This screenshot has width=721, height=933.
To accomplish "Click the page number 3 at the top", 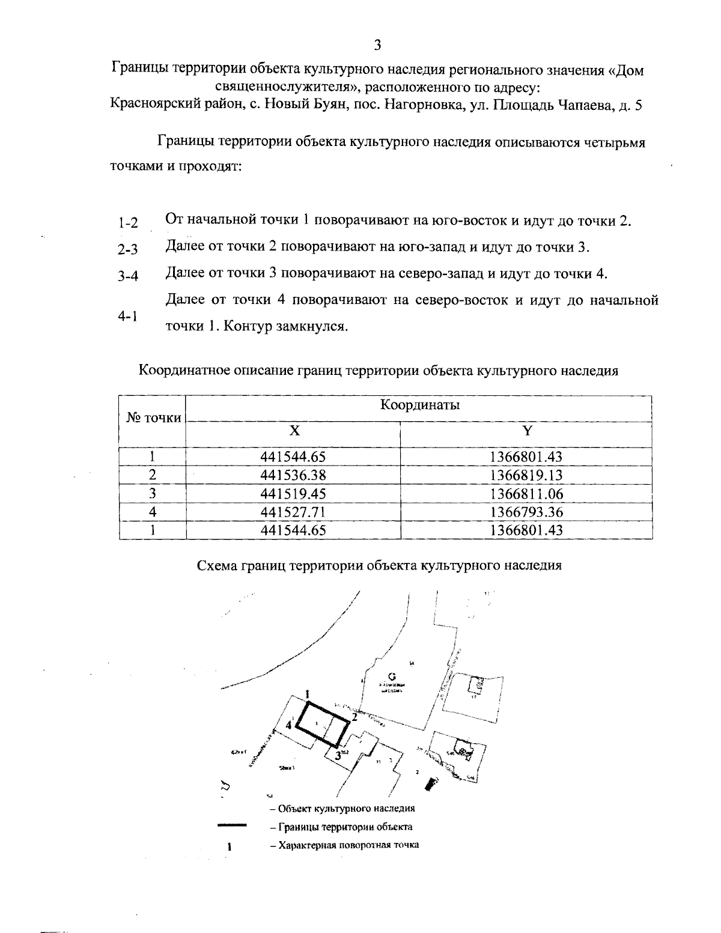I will click(377, 45).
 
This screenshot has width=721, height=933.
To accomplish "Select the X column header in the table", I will click(293, 431).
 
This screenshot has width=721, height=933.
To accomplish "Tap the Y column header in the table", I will click(526, 431).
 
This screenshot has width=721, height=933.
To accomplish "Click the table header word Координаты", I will click(419, 404).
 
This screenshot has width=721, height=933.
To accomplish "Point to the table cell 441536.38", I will click(293, 475).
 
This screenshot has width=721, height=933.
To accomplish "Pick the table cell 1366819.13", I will click(526, 475).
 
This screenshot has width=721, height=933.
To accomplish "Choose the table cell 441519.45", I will click(293, 494).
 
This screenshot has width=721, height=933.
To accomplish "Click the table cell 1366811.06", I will click(526, 494).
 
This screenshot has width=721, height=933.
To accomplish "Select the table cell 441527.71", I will click(293, 512).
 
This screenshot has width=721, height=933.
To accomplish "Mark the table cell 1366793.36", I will click(526, 512).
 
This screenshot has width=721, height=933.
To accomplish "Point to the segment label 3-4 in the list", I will click(128, 276).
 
